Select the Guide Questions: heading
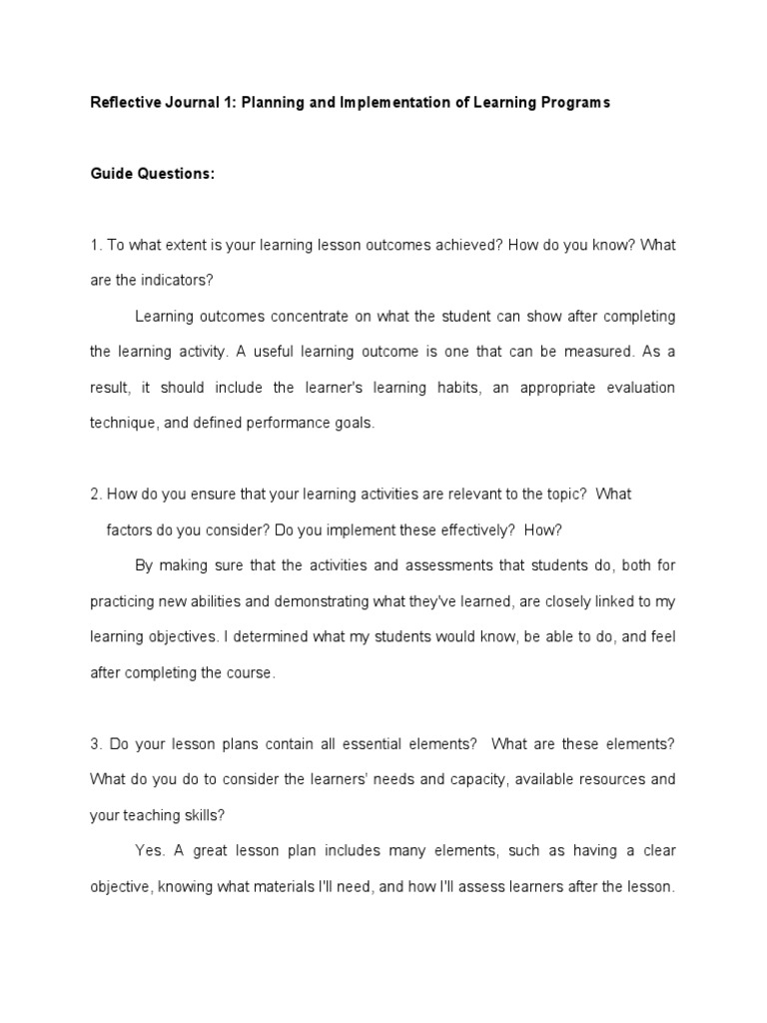point(152,174)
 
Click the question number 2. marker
point(96,495)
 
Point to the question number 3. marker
point(96,743)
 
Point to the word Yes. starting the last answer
point(150,851)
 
